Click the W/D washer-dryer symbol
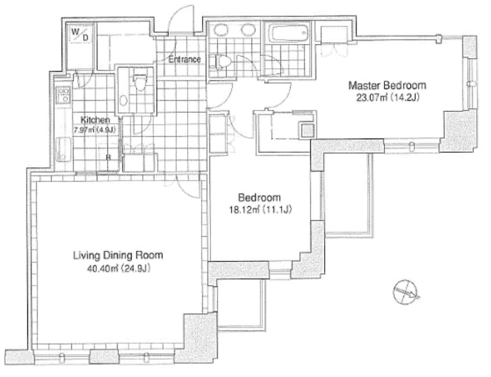80,34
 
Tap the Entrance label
184,59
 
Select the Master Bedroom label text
387,85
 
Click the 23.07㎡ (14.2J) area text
388,97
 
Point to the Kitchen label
95,120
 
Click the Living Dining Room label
118,255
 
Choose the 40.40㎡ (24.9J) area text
118,269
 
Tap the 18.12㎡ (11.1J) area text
260,210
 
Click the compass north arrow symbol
406,292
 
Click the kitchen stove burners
64,96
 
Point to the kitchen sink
64,149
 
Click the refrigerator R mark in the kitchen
108,157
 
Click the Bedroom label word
259,198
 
